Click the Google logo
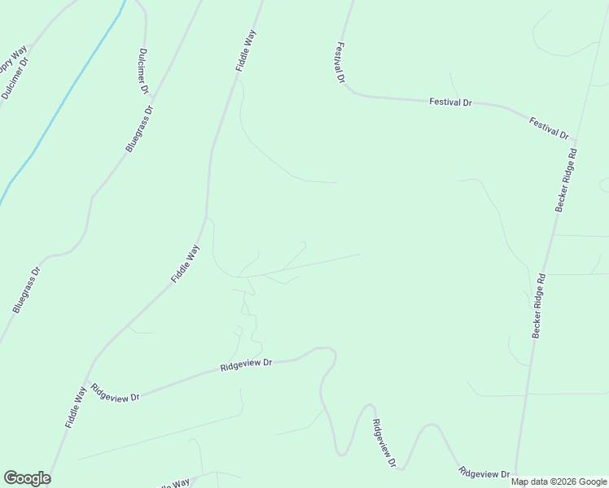coord(27,478)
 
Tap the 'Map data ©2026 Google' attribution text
coord(558,481)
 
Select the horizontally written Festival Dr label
coord(450,102)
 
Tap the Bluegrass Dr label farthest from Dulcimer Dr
coord(26,291)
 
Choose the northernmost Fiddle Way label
coord(246,51)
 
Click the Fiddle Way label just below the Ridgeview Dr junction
coord(76,407)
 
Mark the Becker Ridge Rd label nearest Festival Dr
coord(567,180)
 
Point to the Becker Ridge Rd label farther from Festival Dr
coord(539,305)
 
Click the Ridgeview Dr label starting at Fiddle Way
coord(116,391)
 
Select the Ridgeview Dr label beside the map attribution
coord(484,473)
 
